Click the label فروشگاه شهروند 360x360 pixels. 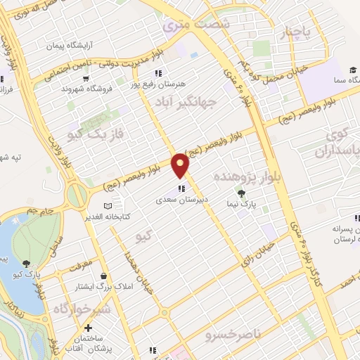[82, 90]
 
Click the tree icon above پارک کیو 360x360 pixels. [26, 264]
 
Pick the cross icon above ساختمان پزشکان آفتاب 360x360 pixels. [88, 328]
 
